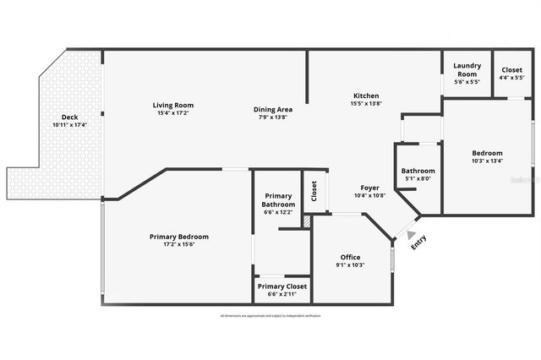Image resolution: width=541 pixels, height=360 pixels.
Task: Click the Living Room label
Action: pyautogui.click(x=173, y=106)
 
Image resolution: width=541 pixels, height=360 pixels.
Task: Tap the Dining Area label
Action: pyautogui.click(x=273, y=110)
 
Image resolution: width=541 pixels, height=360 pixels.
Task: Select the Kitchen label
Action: pyautogui.click(x=366, y=95)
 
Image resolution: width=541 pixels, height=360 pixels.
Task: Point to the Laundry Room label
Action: pyautogui.click(x=467, y=69)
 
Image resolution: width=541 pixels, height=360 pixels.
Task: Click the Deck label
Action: pyautogui.click(x=69, y=117)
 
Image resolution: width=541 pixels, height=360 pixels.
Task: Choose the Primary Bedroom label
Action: pyautogui.click(x=178, y=237)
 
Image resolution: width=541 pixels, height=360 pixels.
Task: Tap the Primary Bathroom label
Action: pyautogui.click(x=278, y=200)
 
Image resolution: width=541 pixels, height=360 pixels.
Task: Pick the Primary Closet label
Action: pyautogui.click(x=282, y=286)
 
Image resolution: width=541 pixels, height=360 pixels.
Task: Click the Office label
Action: pyautogui.click(x=351, y=257)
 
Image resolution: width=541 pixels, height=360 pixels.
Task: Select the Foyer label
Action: pyautogui.click(x=369, y=188)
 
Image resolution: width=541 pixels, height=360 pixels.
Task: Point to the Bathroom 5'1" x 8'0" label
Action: pyautogui.click(x=418, y=171)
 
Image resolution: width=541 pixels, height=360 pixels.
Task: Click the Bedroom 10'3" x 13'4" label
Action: pyautogui.click(x=487, y=153)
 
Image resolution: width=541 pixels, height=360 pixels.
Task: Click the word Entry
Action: pyautogui.click(x=418, y=242)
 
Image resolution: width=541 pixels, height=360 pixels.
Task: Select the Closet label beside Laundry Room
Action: pyautogui.click(x=512, y=70)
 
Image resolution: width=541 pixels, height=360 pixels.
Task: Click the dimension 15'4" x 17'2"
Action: pyautogui.click(x=172, y=113)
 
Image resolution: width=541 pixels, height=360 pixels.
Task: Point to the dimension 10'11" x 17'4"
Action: pyautogui.click(x=69, y=125)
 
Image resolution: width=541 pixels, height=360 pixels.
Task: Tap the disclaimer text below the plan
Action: pyautogui.click(x=270, y=315)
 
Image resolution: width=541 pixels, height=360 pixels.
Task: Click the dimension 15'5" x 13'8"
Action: pyautogui.click(x=366, y=103)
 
